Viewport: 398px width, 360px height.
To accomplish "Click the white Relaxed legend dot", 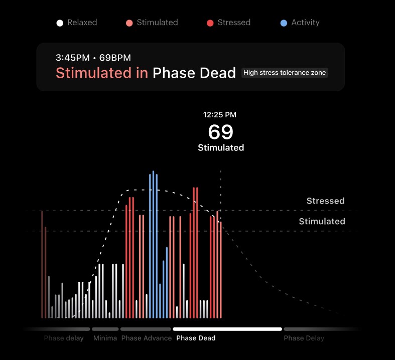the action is (60, 23).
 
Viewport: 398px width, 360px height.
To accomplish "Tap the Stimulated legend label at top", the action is (158, 22).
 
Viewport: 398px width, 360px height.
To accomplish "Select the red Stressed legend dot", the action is (210, 23).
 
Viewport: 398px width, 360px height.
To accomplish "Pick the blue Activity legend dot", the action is (284, 23).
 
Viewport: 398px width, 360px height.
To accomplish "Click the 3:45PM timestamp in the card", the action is (73, 58).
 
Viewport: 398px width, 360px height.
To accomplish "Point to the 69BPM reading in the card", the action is (115, 58).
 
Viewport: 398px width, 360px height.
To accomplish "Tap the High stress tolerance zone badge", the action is (285, 73).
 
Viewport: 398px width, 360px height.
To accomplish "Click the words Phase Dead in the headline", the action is (194, 73).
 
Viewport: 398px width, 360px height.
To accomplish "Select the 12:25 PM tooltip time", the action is (219, 115).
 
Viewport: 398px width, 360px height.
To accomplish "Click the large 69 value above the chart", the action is (220, 132).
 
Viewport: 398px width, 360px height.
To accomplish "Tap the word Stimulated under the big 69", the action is (221, 147).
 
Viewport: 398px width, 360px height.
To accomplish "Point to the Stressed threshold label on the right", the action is (325, 201).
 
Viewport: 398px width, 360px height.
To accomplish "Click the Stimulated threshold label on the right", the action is (322, 221).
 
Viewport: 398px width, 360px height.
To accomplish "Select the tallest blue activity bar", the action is (153, 244).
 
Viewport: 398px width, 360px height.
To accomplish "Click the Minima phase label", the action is (105, 338).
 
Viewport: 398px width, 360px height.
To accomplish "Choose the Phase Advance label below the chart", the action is (147, 338).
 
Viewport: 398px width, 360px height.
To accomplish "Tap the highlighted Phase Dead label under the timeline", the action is (196, 338).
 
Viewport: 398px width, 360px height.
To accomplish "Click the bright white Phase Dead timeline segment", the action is (227, 329).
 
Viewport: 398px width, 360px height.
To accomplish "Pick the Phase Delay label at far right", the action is (304, 338).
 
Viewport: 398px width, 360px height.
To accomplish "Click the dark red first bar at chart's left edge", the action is (42, 264).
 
